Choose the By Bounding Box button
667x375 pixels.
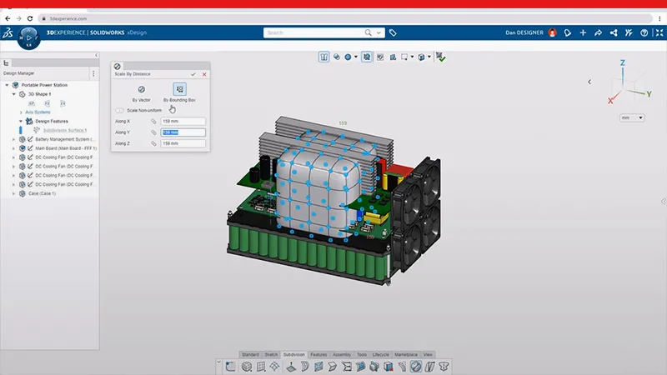[179, 89]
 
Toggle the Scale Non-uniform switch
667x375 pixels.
[120, 110]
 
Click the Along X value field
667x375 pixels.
[183, 122]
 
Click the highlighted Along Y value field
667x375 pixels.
[183, 132]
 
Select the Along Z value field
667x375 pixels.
[183, 144]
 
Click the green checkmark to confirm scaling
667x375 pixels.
[194, 74]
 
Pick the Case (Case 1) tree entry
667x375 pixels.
[45, 193]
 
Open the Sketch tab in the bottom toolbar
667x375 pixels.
[272, 354]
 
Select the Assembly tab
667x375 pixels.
[342, 354]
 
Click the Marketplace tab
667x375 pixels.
[406, 354]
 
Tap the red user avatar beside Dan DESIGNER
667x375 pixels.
[552, 33]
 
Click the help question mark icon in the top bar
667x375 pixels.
[644, 33]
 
